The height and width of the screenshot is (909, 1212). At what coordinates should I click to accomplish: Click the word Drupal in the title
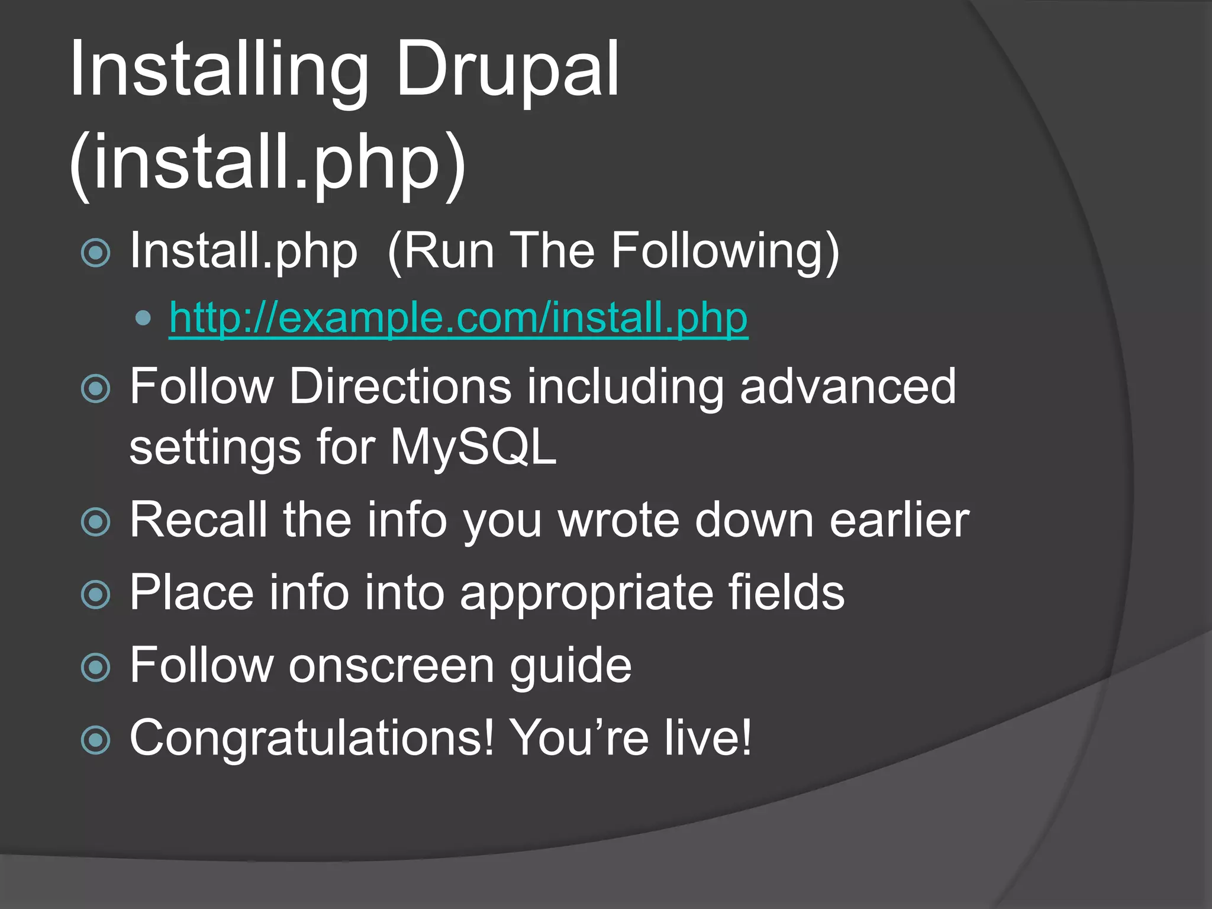(507, 70)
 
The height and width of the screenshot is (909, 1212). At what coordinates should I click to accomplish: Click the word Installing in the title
(219, 70)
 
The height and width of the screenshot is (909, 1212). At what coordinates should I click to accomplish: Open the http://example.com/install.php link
(458, 318)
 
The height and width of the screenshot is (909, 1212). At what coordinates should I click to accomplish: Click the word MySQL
(473, 447)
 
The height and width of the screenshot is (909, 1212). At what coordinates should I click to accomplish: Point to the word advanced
(847, 386)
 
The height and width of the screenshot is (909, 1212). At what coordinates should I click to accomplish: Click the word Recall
(198, 520)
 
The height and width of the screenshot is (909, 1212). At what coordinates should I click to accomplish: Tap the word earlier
(900, 520)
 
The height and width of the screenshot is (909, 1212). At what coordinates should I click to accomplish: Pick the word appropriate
(586, 593)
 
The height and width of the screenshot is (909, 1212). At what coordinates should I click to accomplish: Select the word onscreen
(391, 666)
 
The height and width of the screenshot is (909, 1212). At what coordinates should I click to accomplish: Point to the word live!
(707, 737)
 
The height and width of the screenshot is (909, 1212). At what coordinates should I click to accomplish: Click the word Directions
(400, 386)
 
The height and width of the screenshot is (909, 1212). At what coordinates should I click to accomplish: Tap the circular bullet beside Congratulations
(96, 740)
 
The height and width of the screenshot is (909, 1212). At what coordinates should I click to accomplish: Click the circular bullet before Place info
(96, 594)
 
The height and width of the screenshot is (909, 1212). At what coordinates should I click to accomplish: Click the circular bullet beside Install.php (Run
(96, 253)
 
